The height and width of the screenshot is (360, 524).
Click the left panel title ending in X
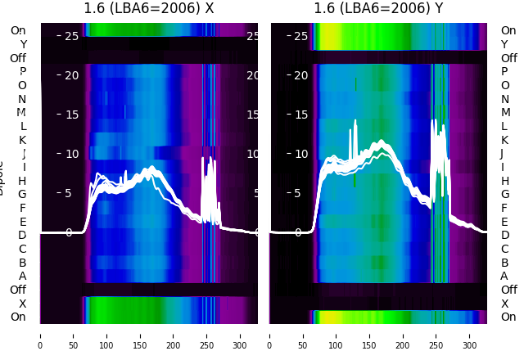point(148,9)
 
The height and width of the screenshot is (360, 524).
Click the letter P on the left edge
point(22,72)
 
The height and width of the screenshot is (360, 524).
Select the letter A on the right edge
point(504,276)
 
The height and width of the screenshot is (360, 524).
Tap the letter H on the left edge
point(22,181)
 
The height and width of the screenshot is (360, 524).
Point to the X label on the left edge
point(22,304)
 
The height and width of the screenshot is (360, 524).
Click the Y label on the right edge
point(504,44)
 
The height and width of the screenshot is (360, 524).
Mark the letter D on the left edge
point(22,236)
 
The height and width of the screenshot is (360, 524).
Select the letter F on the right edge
point(504,208)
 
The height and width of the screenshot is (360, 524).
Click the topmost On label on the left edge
point(18,31)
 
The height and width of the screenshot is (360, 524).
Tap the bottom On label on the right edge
point(508,317)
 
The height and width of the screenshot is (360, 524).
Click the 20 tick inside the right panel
point(300,75)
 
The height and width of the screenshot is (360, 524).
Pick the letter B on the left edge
point(22,263)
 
